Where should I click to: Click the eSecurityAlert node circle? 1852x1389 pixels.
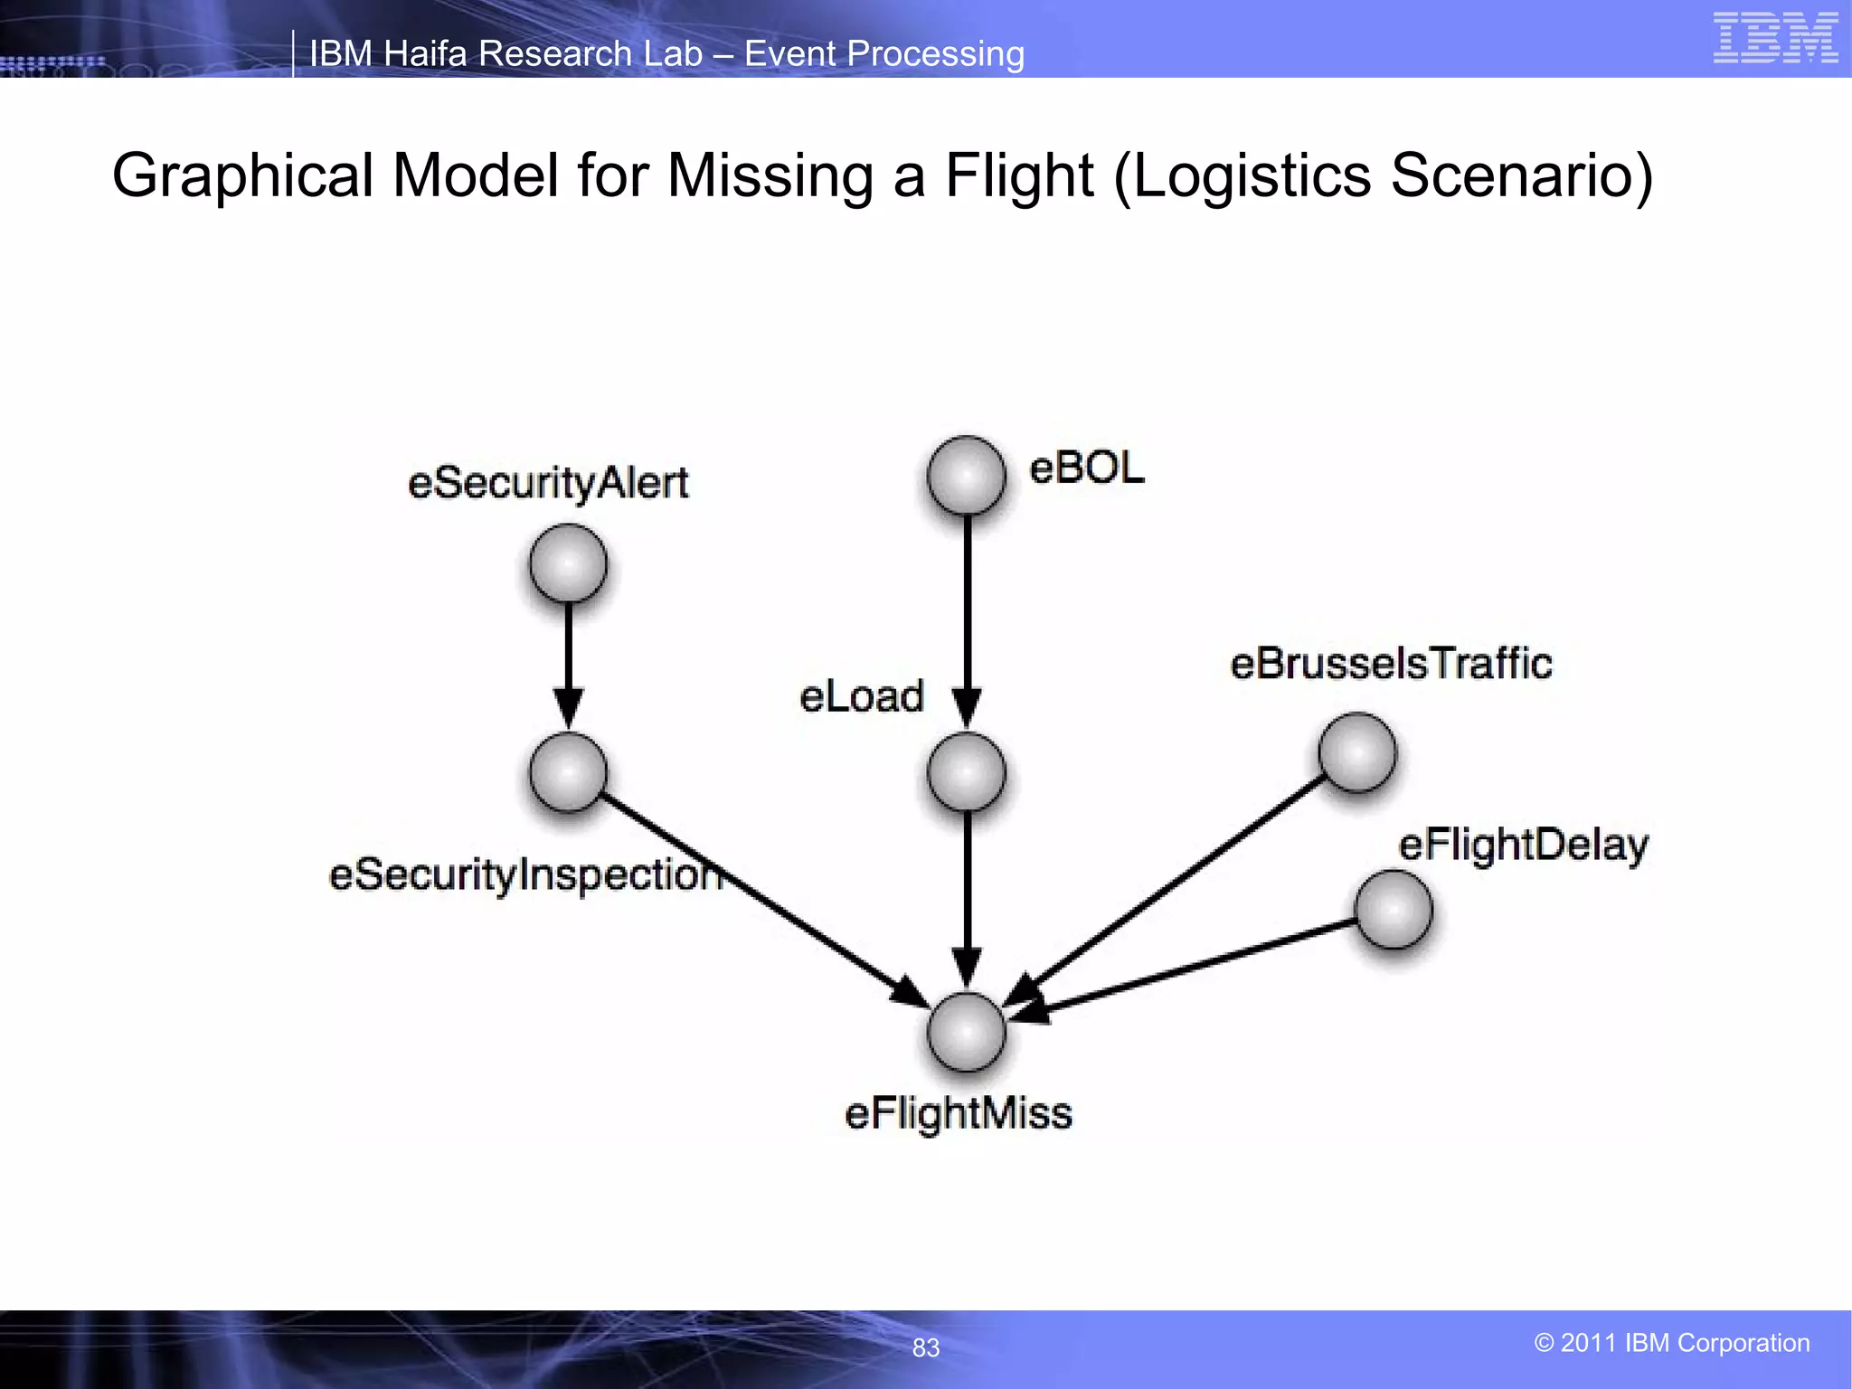coord(568,563)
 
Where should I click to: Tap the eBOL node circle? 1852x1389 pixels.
coord(966,475)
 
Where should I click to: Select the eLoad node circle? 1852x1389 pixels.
coord(966,771)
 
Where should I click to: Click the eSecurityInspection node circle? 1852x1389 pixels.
coord(568,771)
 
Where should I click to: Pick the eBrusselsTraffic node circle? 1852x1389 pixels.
coord(1356,751)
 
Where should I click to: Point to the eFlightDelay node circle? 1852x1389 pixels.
coord(1393,909)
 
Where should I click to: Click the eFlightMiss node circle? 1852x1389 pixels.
coord(966,1031)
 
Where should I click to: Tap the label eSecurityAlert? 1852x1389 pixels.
coord(548,483)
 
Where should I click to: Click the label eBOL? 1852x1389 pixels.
coord(1086,468)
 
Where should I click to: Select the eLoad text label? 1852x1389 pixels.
coord(861,696)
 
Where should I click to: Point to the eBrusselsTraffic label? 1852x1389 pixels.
coord(1391,664)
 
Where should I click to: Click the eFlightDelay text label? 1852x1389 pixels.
coord(1523,846)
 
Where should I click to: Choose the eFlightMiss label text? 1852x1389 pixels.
coord(958,1113)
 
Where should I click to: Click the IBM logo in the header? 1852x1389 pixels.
coord(1774,38)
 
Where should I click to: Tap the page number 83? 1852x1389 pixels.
coord(925,1347)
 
